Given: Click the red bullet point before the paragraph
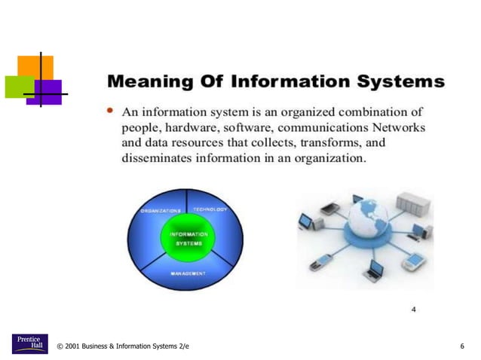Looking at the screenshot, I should [x=111, y=111].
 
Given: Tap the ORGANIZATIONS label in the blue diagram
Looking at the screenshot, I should [x=161, y=211].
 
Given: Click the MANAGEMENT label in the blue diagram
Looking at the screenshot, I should [x=187, y=273].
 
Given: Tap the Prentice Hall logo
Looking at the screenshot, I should [x=29, y=343].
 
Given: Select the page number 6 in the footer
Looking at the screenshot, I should [x=461, y=346].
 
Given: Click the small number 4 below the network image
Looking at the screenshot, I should [x=414, y=309].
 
